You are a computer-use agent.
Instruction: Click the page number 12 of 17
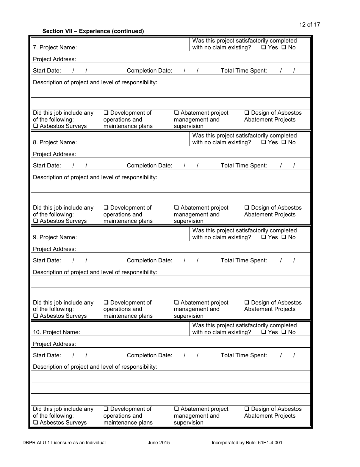pyautogui.click(x=309, y=25)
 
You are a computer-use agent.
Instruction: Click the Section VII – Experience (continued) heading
pyautogui.click(x=93, y=31)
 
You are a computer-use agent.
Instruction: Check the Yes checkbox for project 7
pyautogui.click(x=263, y=47)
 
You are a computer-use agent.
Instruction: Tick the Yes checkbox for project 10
pyautogui.click(x=263, y=332)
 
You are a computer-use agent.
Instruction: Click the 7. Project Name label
pyautogui.click(x=55, y=47)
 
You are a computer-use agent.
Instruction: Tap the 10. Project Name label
pyautogui.click(x=56, y=332)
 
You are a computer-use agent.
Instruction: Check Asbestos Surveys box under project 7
pyautogui.click(x=35, y=126)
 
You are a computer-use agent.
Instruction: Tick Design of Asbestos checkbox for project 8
pyautogui.click(x=247, y=208)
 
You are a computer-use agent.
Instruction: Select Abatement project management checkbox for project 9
pyautogui.click(x=176, y=303)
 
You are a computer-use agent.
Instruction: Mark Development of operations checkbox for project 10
pyautogui.click(x=106, y=409)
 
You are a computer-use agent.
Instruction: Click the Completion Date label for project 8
pyautogui.click(x=149, y=166)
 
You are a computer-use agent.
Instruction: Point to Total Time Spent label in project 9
pyautogui.click(x=244, y=260)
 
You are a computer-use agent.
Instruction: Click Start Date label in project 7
pyautogui.click(x=47, y=71)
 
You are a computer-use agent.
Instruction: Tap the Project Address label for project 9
pyautogui.click(x=54, y=249)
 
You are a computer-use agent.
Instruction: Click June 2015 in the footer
pyautogui.click(x=159, y=443)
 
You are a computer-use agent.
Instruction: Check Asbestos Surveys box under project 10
pyautogui.click(x=35, y=423)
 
